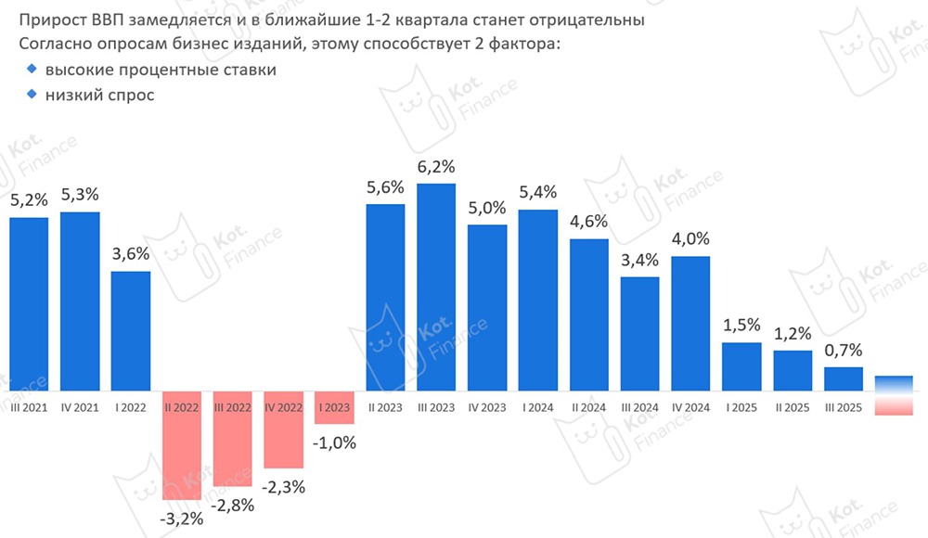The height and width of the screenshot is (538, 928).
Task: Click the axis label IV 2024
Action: click(690, 406)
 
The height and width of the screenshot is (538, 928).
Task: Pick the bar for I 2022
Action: click(131, 333)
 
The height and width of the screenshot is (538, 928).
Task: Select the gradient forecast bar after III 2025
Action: click(894, 395)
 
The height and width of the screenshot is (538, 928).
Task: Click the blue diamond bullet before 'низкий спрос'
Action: click(32, 94)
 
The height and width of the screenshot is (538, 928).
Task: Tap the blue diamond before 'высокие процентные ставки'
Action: click(32, 70)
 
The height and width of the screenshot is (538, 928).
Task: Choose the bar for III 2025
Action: click(844, 381)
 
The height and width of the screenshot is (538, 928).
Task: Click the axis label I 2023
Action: click(334, 406)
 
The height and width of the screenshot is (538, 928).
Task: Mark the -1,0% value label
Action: click(334, 442)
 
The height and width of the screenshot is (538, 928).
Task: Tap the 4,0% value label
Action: click(690, 239)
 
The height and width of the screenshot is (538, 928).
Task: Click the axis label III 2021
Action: click(29, 406)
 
